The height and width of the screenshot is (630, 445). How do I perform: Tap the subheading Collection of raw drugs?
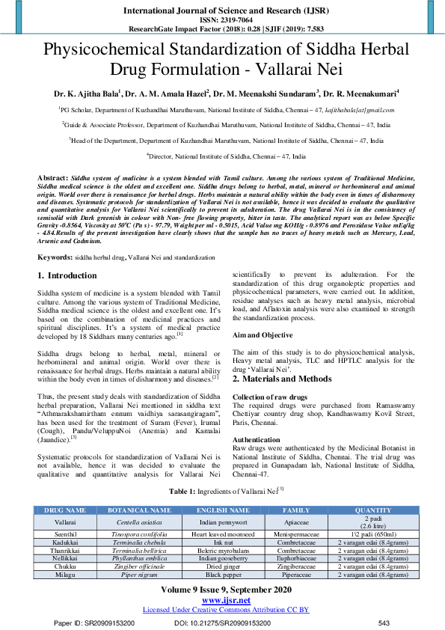point(270,397)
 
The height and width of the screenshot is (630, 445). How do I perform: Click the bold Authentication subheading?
point(257,440)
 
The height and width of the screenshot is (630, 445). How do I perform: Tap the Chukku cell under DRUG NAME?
point(65,566)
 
